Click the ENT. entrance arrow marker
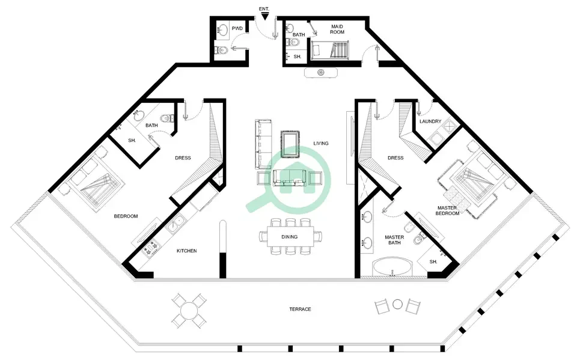click(x=264, y=16)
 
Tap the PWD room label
click(x=237, y=28)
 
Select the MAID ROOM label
click(x=337, y=29)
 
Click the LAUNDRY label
click(x=430, y=121)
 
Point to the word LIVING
click(x=321, y=143)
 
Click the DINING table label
click(x=290, y=237)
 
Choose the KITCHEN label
click(x=186, y=251)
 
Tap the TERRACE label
click(x=300, y=309)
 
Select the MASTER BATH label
click(x=394, y=240)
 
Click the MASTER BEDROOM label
click(x=447, y=210)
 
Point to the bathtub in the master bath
click(x=391, y=267)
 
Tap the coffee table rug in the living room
click(x=290, y=144)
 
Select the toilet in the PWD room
click(x=221, y=50)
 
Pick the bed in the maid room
click(x=329, y=50)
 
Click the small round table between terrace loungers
click(x=397, y=305)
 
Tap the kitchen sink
click(x=176, y=223)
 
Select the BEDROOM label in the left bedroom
click(x=126, y=216)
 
